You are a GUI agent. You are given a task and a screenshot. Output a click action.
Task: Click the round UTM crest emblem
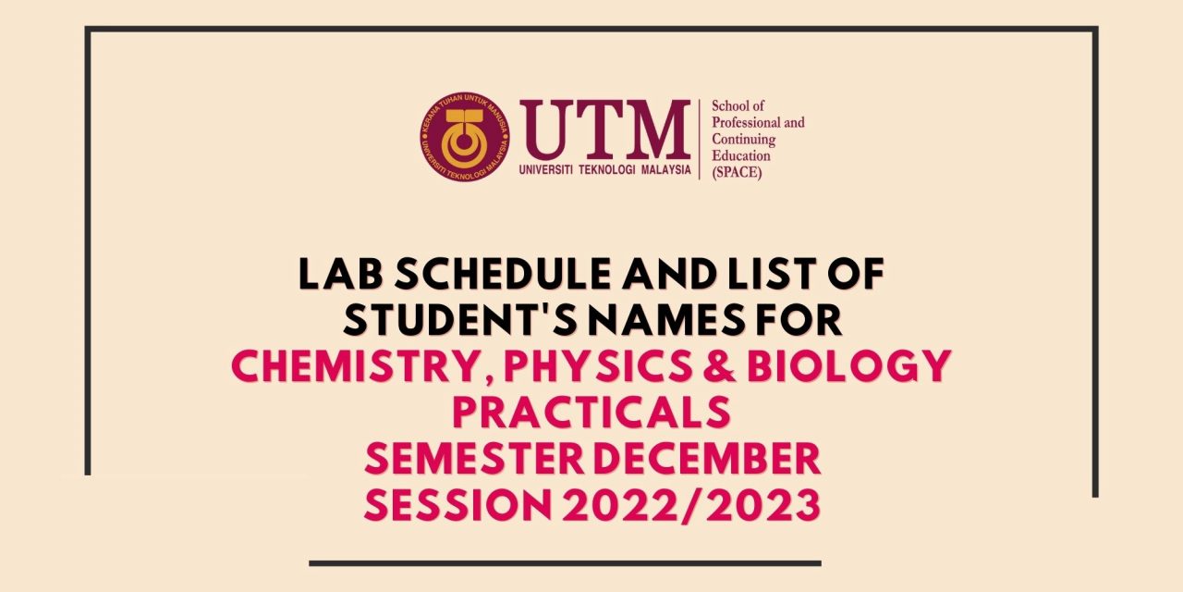[x=465, y=137]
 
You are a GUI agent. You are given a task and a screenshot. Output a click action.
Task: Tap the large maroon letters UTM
[x=605, y=130]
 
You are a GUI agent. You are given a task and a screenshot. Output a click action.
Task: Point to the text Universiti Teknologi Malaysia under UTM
[x=605, y=170]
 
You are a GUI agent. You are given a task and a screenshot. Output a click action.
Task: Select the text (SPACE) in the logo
[x=737, y=172]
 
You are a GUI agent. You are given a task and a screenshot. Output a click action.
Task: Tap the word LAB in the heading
[x=340, y=274]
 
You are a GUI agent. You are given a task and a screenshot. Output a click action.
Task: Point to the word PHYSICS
[x=597, y=365]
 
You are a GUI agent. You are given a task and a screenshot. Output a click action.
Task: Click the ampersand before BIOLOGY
[x=719, y=365]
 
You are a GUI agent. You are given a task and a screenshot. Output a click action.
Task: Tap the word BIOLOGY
[x=849, y=365]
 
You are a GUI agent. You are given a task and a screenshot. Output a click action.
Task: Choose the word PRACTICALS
[x=591, y=412]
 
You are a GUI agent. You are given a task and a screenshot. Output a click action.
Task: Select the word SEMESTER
[x=474, y=458]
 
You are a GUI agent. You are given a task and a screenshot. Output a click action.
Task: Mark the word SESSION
[x=457, y=504]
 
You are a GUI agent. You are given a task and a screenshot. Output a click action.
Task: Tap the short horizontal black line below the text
[x=565, y=563]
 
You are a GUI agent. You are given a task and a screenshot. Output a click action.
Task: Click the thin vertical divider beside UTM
[x=700, y=139]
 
